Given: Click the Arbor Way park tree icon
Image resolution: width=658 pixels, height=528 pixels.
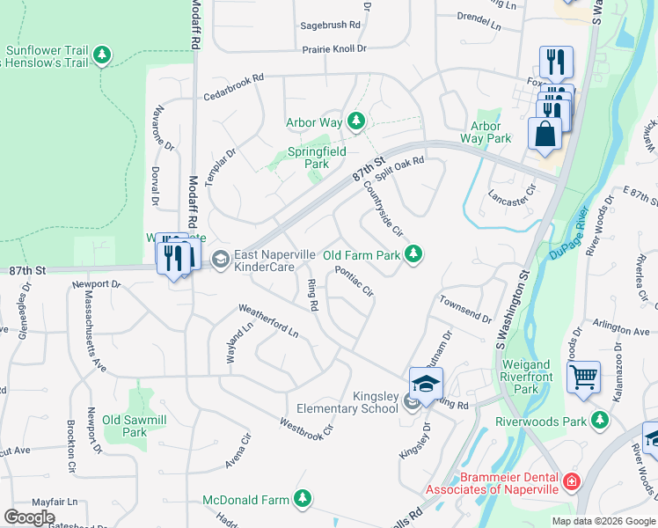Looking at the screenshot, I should tap(355, 121).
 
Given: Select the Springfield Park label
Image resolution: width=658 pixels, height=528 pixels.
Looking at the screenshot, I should tap(309, 158).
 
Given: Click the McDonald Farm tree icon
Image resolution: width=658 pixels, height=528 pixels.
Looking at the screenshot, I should tap(303, 500).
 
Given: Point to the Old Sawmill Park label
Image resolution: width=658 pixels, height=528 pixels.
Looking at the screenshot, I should tap(134, 426).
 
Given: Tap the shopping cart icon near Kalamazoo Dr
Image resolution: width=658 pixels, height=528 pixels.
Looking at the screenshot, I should tap(583, 378).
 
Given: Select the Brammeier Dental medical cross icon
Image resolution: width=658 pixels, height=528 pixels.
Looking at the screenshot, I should tap(572, 482).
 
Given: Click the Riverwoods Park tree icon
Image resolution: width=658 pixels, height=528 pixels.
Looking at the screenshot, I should tap(600, 422).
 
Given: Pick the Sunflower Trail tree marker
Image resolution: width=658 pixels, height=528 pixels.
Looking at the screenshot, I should tap(103, 55).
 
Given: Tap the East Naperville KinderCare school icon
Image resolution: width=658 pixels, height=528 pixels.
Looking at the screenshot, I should tap(219, 259).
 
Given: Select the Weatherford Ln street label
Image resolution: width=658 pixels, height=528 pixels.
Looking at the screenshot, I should tap(268, 321).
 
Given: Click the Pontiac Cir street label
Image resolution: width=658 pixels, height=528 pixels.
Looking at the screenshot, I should tap(355, 281).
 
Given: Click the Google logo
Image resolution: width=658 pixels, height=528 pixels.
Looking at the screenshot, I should tap(29, 517).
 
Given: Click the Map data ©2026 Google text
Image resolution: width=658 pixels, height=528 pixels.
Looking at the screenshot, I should tap(603, 521).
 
